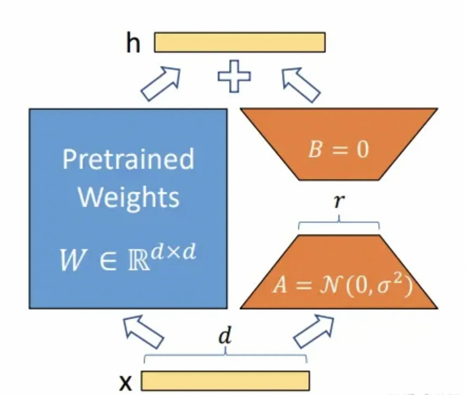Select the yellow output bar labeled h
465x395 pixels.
[x=240, y=42]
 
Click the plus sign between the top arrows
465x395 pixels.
[x=234, y=76]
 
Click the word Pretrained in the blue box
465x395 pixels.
[x=128, y=158]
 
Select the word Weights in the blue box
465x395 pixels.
[x=129, y=197]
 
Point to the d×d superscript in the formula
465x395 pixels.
[x=172, y=253]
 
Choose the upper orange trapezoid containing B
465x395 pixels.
[x=339, y=144]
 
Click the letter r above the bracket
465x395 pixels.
[x=339, y=202]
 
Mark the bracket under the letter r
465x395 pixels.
[x=339, y=223]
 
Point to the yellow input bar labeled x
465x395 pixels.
[x=225, y=381]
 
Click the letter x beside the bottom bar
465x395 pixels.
[x=125, y=383]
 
